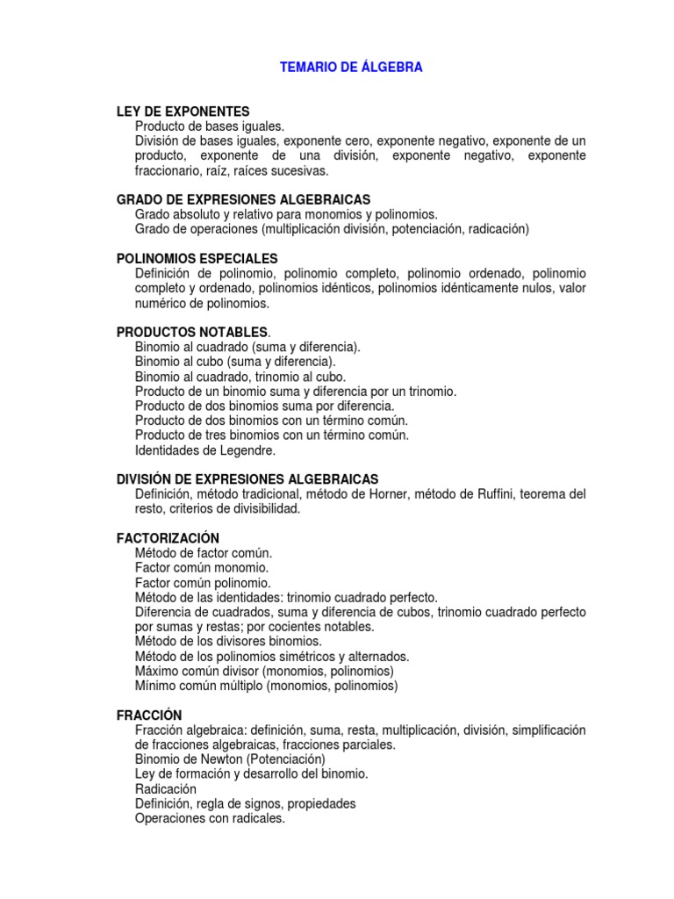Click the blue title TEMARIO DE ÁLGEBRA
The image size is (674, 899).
coord(351,67)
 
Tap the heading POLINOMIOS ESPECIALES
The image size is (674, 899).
coord(197,258)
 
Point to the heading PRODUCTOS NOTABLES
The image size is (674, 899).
coord(192,332)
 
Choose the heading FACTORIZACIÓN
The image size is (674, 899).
coord(168,537)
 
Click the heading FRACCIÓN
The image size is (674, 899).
coord(149,716)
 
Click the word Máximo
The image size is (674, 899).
coord(158,671)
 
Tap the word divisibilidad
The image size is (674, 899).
coord(265,508)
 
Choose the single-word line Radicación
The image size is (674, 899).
coord(166,788)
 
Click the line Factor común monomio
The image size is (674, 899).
coord(202,567)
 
